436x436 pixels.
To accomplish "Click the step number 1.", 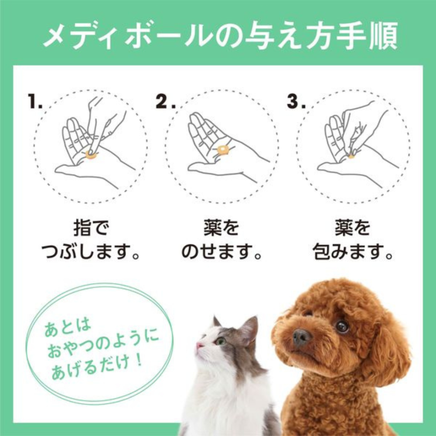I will click(x=34, y=102).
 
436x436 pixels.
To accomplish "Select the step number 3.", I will click(x=296, y=102).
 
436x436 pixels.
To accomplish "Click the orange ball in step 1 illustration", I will click(x=91, y=154).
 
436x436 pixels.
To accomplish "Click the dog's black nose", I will click(x=301, y=337).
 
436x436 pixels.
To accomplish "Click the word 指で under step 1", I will click(x=91, y=228).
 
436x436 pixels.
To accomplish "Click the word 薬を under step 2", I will click(x=222, y=228).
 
